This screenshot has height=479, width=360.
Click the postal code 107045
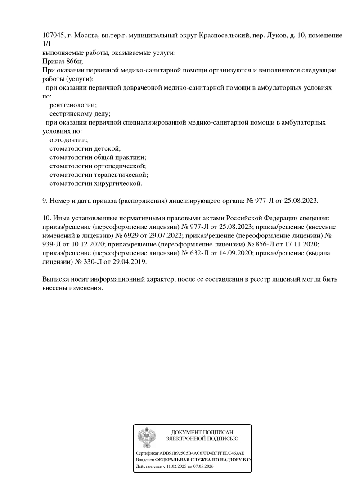(53, 36)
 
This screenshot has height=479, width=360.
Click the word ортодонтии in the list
(69, 139)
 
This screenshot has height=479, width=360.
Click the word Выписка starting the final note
(56, 279)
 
